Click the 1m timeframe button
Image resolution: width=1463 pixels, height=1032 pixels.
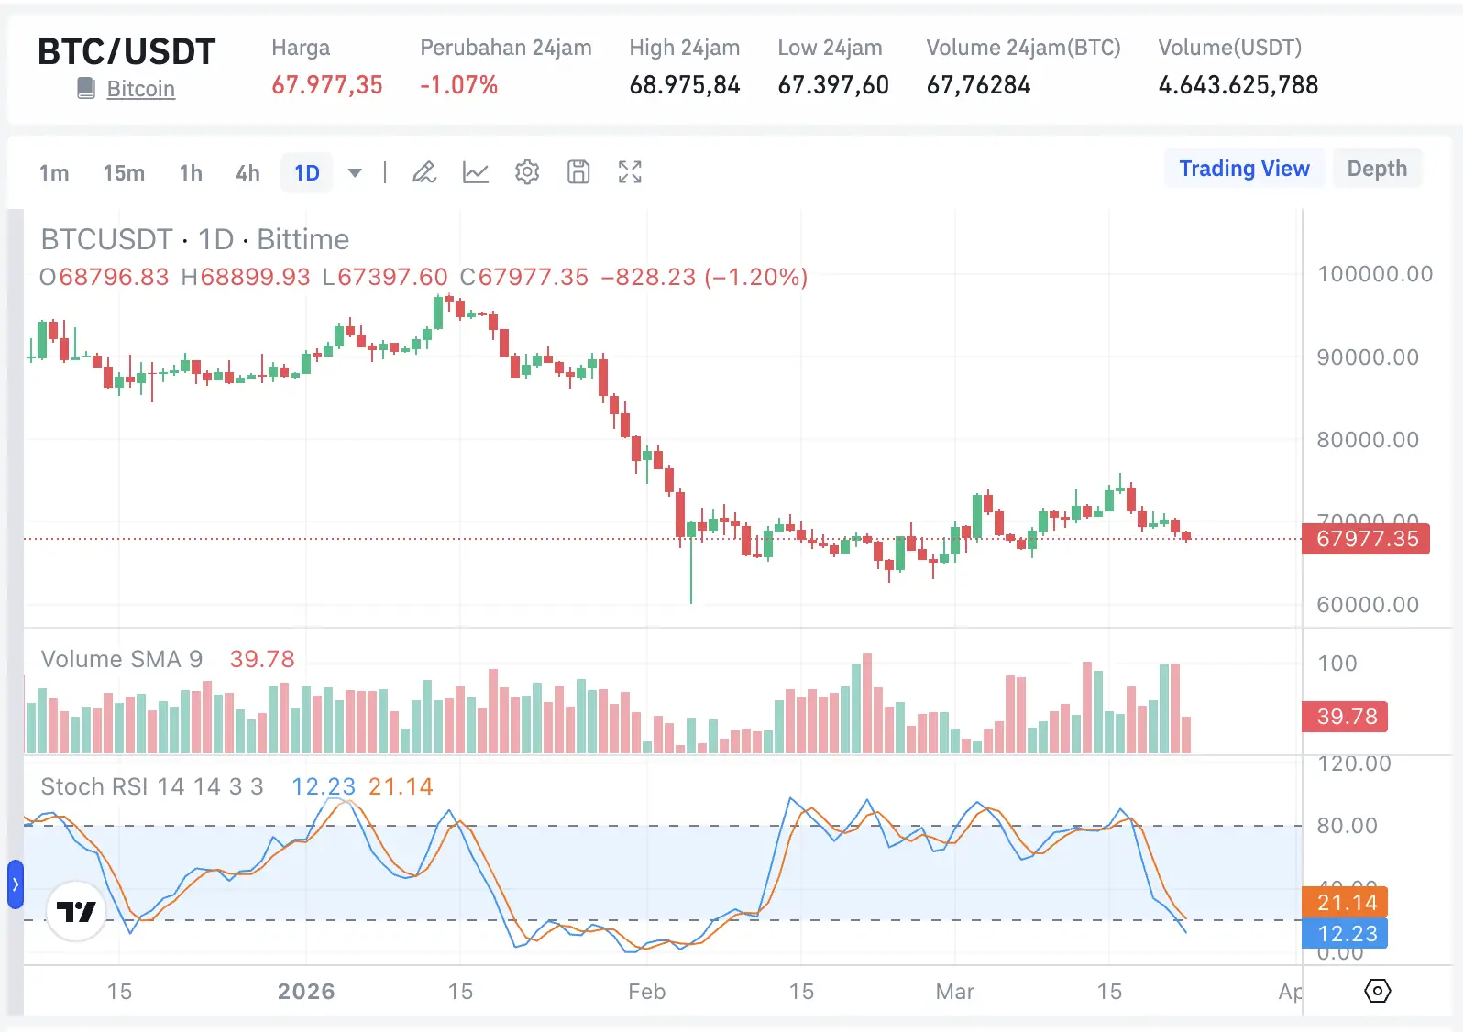click(54, 173)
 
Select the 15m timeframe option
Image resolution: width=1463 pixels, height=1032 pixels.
click(124, 173)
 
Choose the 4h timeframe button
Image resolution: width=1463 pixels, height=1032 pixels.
click(247, 173)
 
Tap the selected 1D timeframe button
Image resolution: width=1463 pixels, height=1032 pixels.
click(307, 173)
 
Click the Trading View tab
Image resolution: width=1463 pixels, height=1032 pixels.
click(1244, 169)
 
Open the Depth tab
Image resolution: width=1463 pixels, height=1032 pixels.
click(1377, 169)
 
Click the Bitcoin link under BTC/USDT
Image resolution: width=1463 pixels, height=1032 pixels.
click(140, 89)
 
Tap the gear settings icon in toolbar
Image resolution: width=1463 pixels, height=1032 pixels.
click(527, 172)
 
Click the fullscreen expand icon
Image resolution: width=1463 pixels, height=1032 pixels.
click(630, 172)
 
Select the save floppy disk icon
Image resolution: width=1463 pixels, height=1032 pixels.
click(578, 172)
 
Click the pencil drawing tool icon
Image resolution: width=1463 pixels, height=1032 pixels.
click(423, 172)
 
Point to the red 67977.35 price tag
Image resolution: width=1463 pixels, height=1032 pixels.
click(1366, 539)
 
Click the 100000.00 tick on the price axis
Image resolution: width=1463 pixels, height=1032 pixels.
click(1374, 274)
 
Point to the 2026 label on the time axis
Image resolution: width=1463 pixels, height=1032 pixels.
click(306, 992)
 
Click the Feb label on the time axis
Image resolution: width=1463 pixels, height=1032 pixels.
click(646, 992)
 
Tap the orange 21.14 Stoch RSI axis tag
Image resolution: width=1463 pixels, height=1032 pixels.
click(1346, 903)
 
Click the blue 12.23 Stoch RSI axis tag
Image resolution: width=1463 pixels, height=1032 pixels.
click(1346, 934)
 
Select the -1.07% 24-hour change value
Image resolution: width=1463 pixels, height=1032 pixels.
click(458, 85)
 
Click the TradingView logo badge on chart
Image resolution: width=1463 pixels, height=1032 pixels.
click(76, 911)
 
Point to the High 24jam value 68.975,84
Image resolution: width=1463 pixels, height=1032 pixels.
click(685, 85)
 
